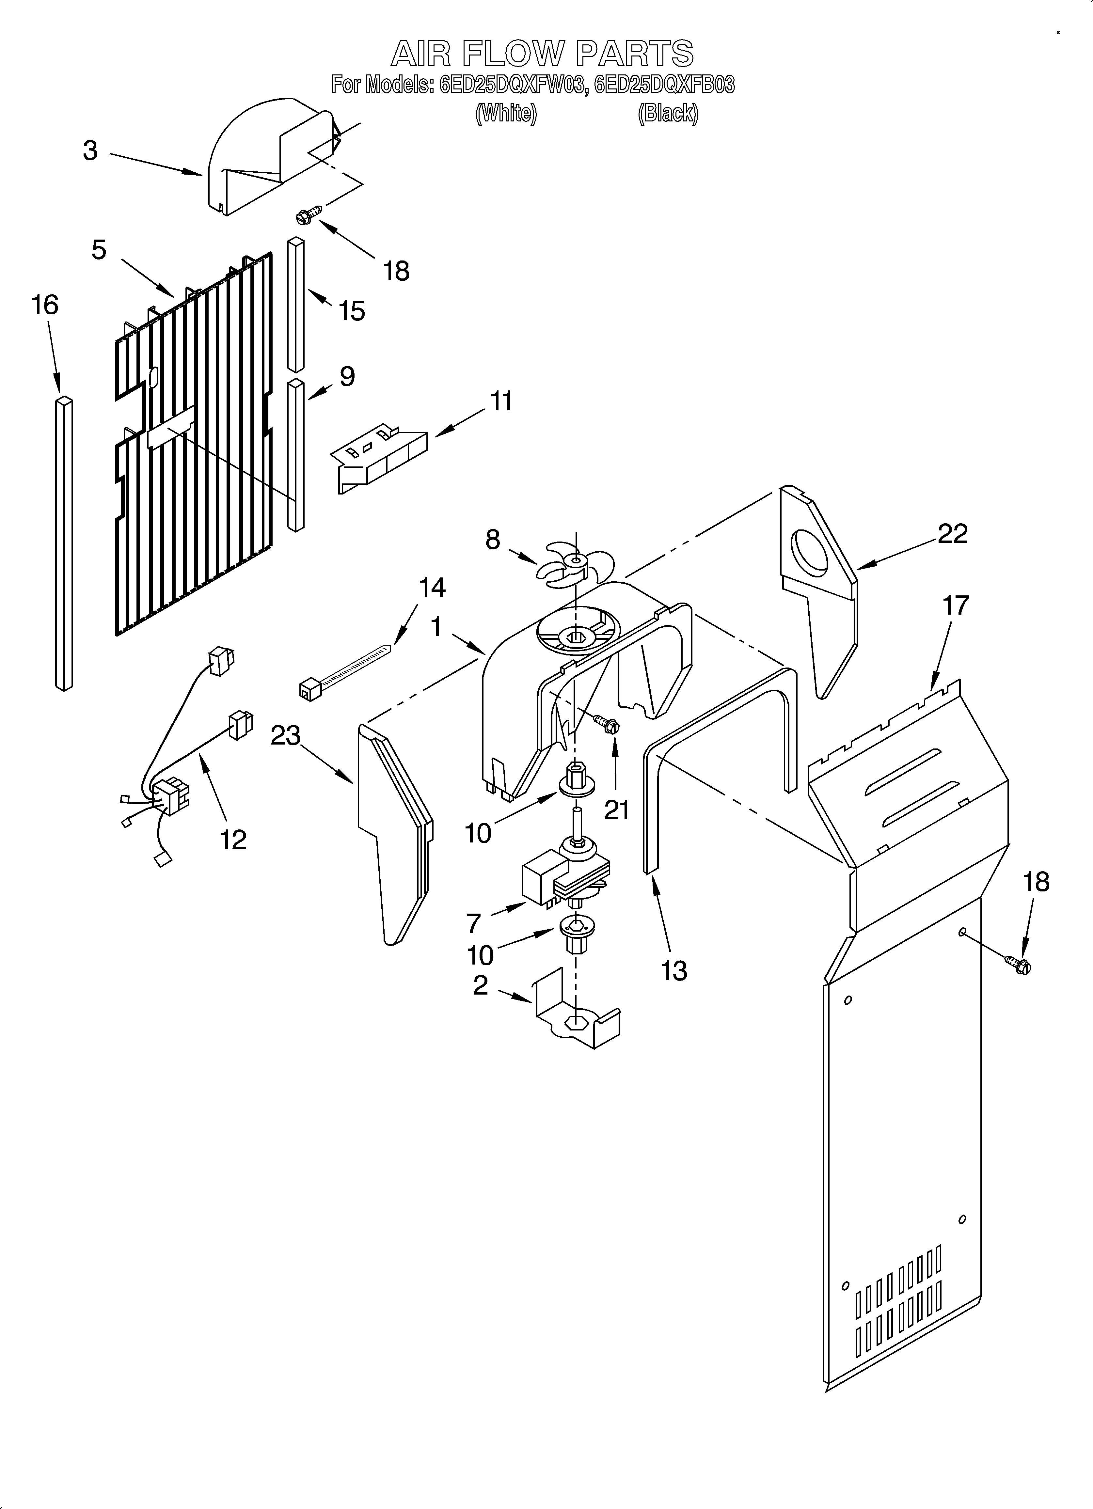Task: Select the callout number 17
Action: tap(955, 605)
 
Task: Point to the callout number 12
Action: tap(233, 840)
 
